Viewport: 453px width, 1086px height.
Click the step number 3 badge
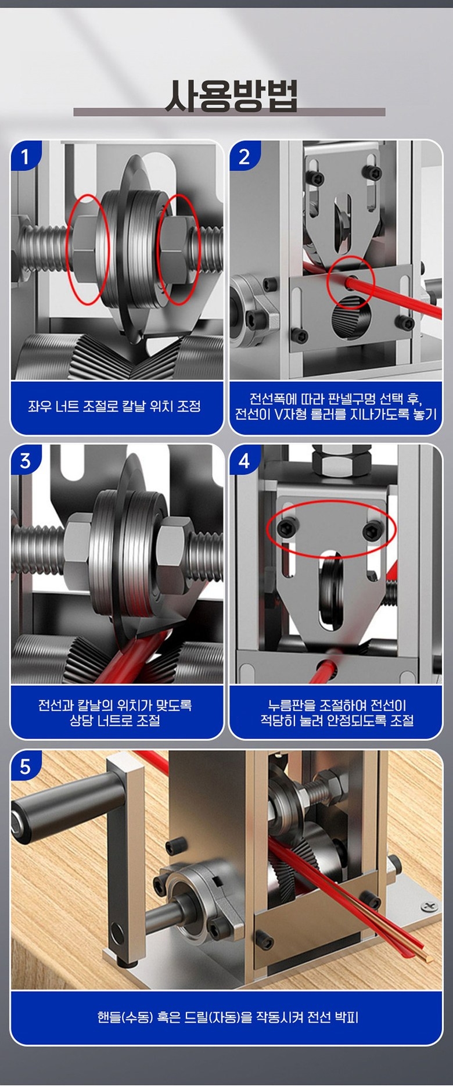pos(24,461)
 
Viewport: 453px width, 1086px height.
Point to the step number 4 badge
pos(244,461)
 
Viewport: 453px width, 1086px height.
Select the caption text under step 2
pos(336,407)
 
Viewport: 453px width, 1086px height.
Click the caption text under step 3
pos(114,713)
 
